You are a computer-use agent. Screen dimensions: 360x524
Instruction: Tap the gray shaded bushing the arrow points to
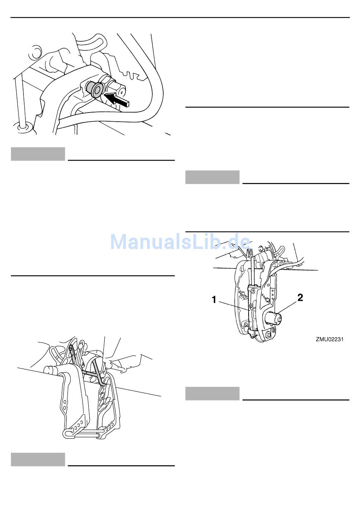[94, 89]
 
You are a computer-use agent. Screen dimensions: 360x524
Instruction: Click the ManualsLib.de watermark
[180, 241]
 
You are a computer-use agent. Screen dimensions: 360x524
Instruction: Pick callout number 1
[214, 300]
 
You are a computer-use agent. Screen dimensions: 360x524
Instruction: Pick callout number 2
[300, 297]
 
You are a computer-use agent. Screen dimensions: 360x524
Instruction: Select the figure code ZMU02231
[330, 339]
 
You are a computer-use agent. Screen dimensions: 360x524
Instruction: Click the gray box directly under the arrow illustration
[38, 154]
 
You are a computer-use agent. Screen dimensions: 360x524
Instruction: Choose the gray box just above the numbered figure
[212, 177]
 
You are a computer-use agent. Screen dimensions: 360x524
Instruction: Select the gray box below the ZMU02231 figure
[212, 393]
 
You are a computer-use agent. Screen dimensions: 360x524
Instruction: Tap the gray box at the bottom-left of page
[38, 460]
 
